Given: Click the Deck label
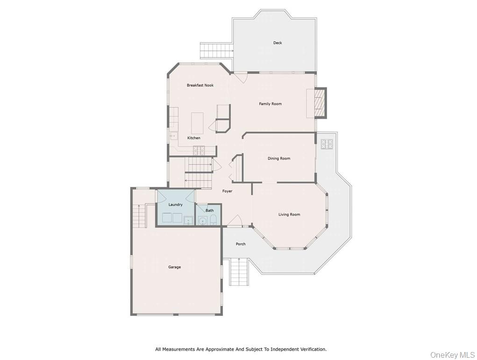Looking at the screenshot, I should (x=278, y=43).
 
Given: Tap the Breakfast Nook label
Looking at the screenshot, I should (x=200, y=85).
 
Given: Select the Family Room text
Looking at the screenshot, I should (x=271, y=104).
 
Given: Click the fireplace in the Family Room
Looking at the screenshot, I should (x=320, y=102).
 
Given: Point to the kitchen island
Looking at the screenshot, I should (x=198, y=123).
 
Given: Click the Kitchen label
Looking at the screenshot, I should (x=194, y=138).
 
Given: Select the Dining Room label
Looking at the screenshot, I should (x=279, y=158).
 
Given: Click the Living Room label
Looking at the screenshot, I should (x=289, y=215).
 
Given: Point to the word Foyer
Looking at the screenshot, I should (x=227, y=191).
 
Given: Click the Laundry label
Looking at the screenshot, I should (x=176, y=205).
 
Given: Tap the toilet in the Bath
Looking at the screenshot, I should (x=213, y=220).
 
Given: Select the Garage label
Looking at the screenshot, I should (x=174, y=267).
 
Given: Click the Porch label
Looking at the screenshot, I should (x=241, y=244).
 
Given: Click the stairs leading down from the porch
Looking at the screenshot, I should (x=238, y=272).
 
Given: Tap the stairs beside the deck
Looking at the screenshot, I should (x=216, y=49).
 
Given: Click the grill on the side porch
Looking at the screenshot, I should (x=326, y=144).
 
